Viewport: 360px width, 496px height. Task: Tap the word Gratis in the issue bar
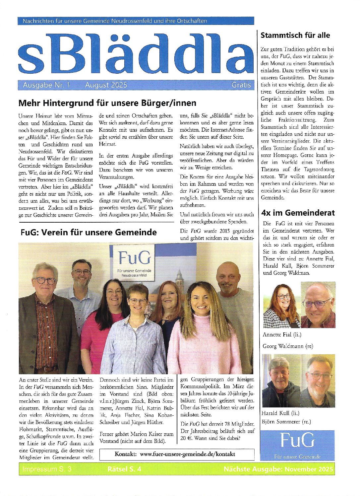[241, 85]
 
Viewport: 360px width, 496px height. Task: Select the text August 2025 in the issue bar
[106, 85]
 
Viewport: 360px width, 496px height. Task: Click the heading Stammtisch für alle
[295, 35]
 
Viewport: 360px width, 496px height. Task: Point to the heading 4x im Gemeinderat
[298, 213]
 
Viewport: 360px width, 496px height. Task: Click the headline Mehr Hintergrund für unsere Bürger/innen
[107, 103]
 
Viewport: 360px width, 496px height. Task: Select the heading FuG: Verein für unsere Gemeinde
[89, 232]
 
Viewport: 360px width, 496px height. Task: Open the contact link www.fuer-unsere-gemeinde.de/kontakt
[187, 454]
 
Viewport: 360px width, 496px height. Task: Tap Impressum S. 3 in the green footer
[47, 469]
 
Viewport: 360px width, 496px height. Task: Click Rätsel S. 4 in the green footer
[124, 469]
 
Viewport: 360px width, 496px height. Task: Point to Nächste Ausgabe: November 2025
[278, 469]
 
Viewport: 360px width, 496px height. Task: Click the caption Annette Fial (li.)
[282, 335]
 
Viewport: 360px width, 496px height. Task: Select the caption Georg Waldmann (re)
[288, 346]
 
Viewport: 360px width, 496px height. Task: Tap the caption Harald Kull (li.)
[280, 413]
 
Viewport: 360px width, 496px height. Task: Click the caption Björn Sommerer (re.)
[286, 422]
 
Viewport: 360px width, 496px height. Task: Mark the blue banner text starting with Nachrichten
[115, 21]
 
